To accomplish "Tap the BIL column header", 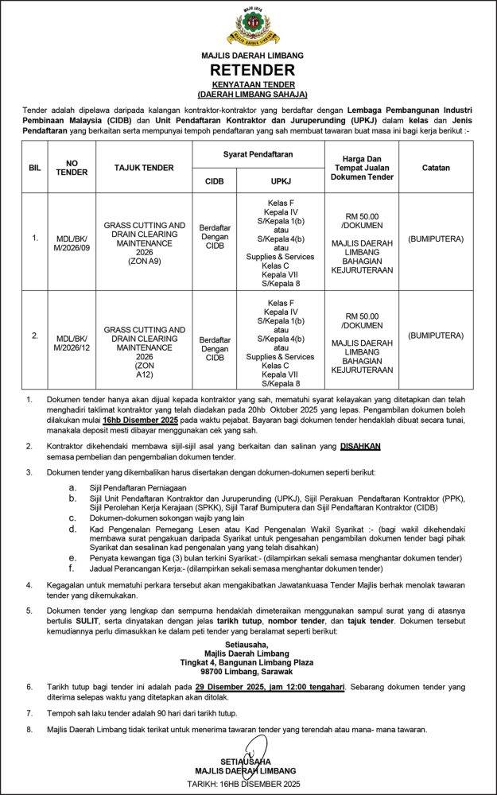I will [x=34, y=168].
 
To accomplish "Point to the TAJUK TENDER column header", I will [x=143, y=168].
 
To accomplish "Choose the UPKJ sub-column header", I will [x=281, y=180].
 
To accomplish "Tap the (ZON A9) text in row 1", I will [x=143, y=260].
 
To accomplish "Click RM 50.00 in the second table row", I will [x=363, y=314].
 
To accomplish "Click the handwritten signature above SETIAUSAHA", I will [x=249, y=750].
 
